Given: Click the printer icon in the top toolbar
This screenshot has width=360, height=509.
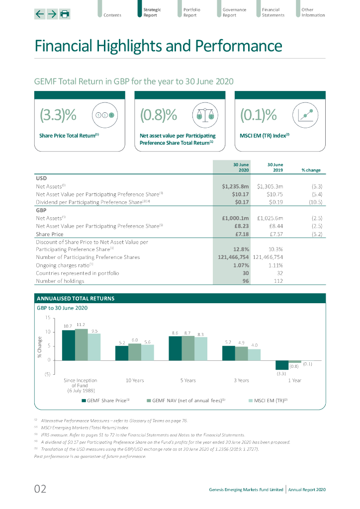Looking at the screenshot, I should [65, 14].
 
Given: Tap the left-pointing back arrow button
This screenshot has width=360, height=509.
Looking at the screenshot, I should [40, 14].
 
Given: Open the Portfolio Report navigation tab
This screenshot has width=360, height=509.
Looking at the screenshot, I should [191, 12].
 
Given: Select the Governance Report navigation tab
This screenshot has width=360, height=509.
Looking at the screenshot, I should [234, 12].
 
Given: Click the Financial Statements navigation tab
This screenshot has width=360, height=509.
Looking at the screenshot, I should [273, 12].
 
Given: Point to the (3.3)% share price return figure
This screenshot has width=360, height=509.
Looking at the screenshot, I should [58, 115].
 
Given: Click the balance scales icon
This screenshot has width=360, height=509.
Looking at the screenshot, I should [205, 115].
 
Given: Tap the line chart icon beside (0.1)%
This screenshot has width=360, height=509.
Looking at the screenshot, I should [306, 115].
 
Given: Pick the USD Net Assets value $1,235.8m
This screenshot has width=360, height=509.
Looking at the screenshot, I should [235, 186].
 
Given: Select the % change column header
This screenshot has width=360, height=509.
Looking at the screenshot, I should [311, 170].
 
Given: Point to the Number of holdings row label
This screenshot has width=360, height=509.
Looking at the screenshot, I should [60, 281].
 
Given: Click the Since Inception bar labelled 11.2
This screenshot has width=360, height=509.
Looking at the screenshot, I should [81, 344].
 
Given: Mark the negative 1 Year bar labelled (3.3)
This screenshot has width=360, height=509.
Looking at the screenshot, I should [282, 364].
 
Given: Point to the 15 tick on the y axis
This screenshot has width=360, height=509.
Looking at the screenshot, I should [47, 317].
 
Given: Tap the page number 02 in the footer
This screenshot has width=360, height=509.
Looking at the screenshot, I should [40, 489].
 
